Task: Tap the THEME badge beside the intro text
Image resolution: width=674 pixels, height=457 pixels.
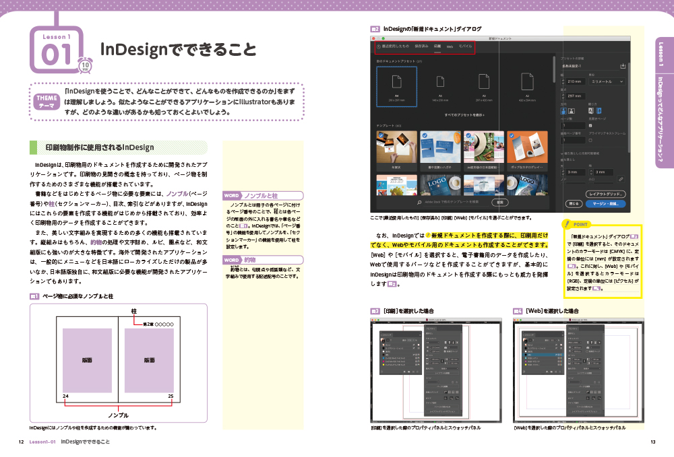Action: [x=46, y=101]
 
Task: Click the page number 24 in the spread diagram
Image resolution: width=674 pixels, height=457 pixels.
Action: [x=65, y=395]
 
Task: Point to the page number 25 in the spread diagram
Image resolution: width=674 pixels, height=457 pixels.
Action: [x=171, y=395]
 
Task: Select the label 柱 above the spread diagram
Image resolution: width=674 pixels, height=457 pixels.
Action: [x=134, y=311]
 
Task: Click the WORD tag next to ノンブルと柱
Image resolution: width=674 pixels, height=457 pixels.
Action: [x=232, y=195]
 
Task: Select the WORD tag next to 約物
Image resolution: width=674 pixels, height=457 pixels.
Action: [x=232, y=259]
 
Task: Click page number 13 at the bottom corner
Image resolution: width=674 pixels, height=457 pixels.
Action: [x=652, y=442]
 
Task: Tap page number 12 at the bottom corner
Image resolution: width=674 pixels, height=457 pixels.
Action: [x=21, y=442]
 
